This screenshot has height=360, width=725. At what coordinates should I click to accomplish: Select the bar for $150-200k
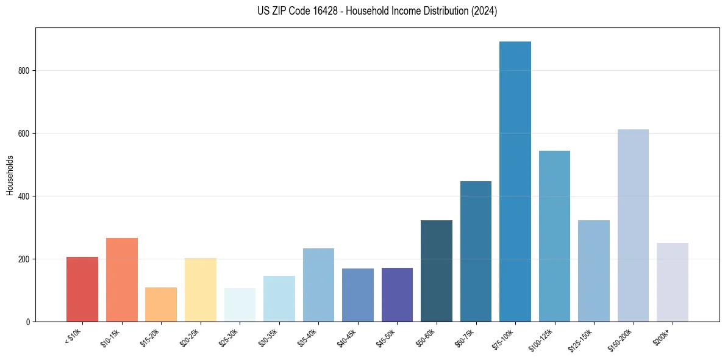pos(633,225)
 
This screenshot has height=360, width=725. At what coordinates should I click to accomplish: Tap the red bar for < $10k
pos(82,289)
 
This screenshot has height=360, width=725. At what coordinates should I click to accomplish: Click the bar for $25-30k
pos(240,304)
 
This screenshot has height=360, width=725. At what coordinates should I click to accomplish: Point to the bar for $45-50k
pos(397,295)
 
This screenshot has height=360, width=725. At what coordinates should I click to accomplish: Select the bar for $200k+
pos(673,282)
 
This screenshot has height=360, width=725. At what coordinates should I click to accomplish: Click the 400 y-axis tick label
pos(24,196)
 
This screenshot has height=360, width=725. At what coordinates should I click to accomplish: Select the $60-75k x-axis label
pos(463,337)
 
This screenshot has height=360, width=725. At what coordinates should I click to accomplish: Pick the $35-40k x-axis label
pos(306,337)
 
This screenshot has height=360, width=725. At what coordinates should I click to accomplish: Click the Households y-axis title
pos(10,175)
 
